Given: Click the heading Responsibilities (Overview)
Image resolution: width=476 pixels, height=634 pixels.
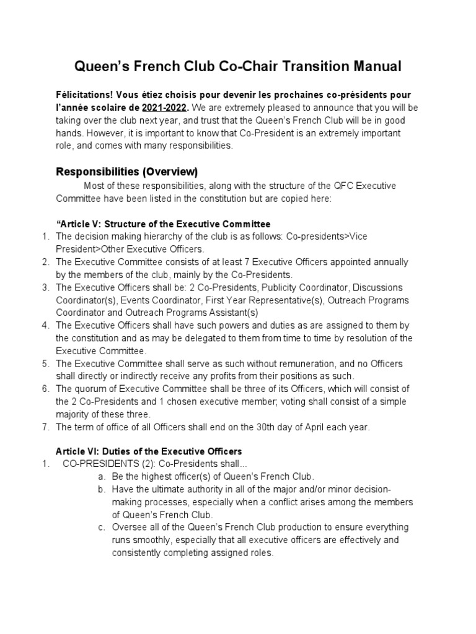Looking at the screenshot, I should (126, 171).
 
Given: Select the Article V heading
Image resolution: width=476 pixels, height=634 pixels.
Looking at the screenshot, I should (164, 224).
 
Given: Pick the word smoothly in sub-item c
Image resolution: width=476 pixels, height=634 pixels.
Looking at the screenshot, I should (153, 540).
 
